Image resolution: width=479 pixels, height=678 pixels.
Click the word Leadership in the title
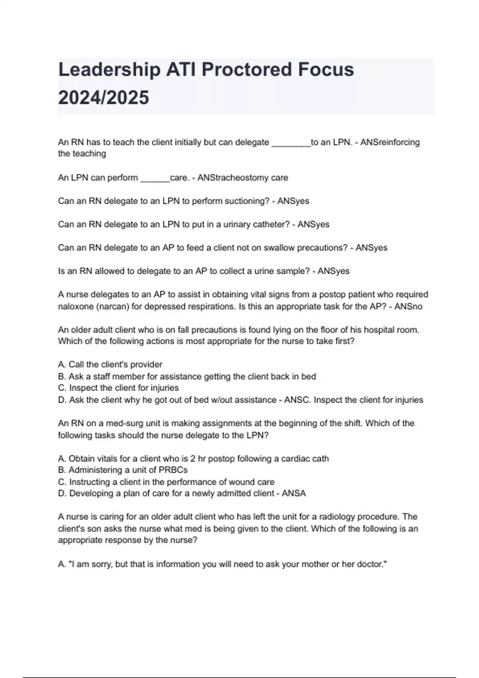[x=109, y=70]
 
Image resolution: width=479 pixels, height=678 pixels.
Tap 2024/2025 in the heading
[x=104, y=98]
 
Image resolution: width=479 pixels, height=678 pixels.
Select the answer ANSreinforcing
[x=390, y=142]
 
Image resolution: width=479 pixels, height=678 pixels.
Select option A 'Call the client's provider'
[x=110, y=365]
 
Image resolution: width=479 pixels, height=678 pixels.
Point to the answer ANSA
[x=294, y=494]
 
